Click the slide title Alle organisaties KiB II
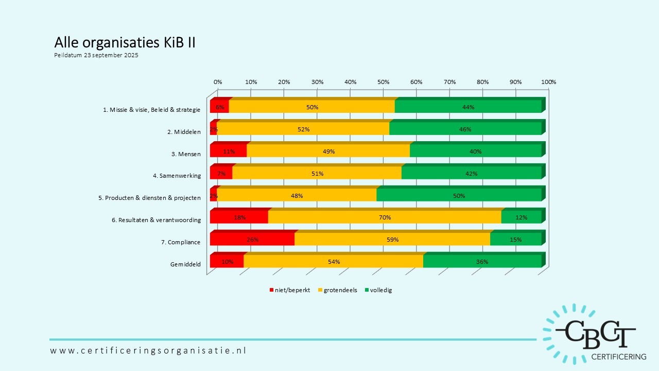coord(125,43)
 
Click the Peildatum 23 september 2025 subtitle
coord(96,55)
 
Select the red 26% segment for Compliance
coord(252,240)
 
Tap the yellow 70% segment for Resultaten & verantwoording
coord(385,217)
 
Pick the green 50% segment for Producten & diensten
coord(459,195)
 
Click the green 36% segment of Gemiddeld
coord(482,262)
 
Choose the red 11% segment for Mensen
coord(229,151)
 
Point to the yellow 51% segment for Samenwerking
coord(317,174)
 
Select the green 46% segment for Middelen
coord(465,129)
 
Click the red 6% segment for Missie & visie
coord(220,107)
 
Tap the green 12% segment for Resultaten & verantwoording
coord(521,217)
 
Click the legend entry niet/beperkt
coord(290,290)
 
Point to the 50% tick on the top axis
coord(383,82)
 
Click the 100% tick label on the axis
coord(549,82)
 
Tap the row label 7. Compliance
coord(184,242)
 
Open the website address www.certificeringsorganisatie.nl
coord(148,350)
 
